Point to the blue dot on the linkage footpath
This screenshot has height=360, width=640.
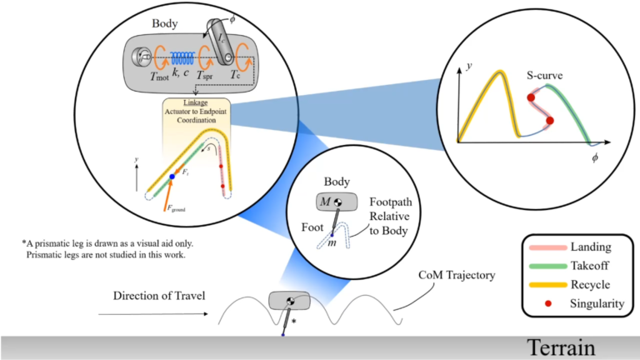[172, 177]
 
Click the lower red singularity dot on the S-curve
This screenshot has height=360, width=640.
[549, 122]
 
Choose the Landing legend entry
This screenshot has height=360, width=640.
[583, 247]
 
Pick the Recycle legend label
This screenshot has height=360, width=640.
[582, 285]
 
